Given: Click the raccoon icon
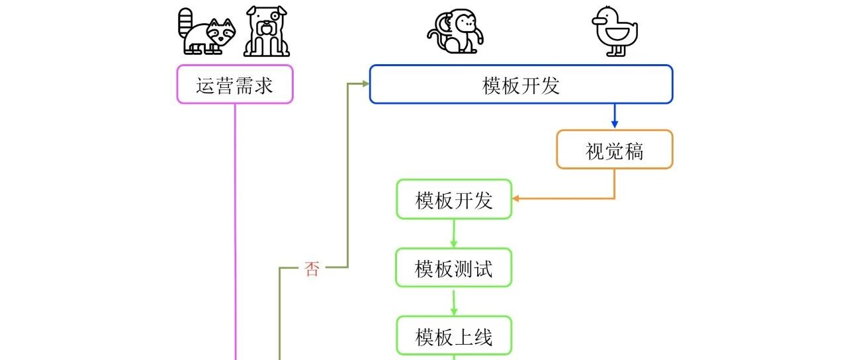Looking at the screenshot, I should click(206, 32).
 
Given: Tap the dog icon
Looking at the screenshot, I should click(267, 31).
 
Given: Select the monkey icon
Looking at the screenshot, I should click(455, 31).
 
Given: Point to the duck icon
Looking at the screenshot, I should click(615, 31).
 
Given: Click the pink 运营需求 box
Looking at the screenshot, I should click(235, 84).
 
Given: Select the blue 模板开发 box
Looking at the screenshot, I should click(521, 84).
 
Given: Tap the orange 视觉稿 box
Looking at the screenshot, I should click(614, 150).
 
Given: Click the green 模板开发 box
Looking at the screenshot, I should click(454, 199).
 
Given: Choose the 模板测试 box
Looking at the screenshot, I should click(454, 267).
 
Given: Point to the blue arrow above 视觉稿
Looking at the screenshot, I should click(614, 116).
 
